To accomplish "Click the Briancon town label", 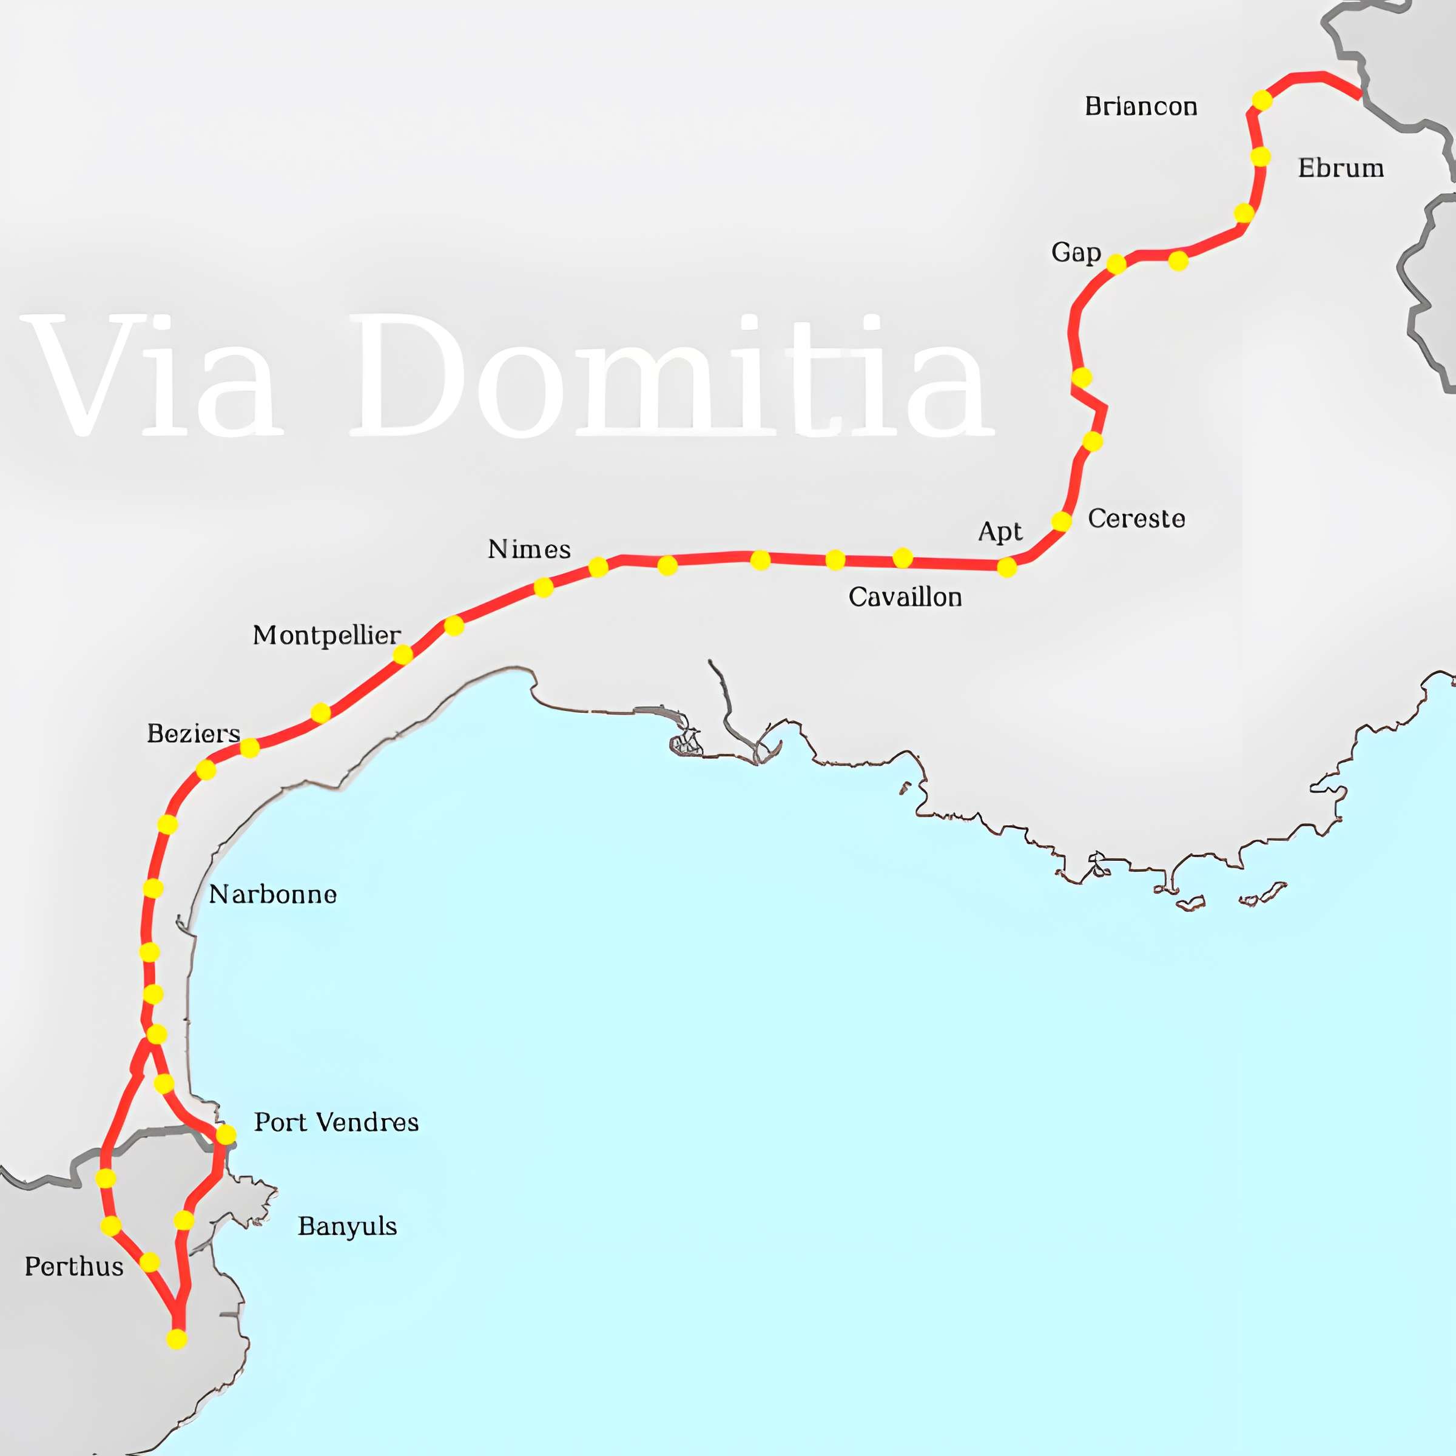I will click(1141, 106).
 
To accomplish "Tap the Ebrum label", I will click(1341, 167).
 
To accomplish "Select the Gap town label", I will click(1076, 252).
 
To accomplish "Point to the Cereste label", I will click(1136, 519).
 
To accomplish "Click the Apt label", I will click(999, 532).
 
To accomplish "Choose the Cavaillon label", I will click(905, 598).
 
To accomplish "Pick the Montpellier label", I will click(326, 636).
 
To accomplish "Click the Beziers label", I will click(194, 733).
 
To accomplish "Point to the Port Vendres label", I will click(336, 1122).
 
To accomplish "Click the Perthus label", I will click(74, 1267).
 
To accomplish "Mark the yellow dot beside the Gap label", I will click(1116, 264).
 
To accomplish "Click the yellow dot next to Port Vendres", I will click(225, 1134).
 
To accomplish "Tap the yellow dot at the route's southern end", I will click(177, 1339).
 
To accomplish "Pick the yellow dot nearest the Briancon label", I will click(1262, 99).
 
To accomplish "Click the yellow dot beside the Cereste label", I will click(1061, 521).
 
